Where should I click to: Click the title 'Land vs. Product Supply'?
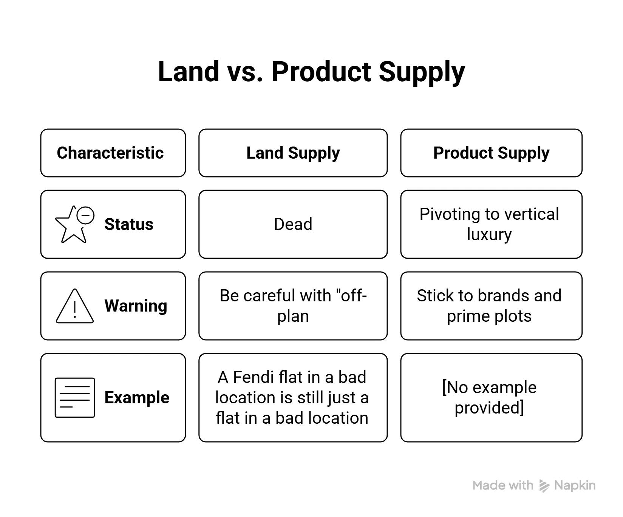311,72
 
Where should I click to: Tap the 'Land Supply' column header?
293,153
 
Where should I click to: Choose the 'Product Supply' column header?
491,153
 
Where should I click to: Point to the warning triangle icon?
74,306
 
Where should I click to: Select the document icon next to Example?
75,397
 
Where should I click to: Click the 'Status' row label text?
129,224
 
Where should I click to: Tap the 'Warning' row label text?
136,306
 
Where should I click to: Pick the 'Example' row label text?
137,398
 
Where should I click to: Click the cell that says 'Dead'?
293,224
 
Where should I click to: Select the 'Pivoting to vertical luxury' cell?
491,224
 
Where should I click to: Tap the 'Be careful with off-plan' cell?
293,306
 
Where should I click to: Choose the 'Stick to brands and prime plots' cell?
491,306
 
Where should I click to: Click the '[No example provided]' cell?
491,398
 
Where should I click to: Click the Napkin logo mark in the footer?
544,486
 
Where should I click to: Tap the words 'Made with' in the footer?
503,485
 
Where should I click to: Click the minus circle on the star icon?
86,215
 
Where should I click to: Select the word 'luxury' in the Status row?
489,235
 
